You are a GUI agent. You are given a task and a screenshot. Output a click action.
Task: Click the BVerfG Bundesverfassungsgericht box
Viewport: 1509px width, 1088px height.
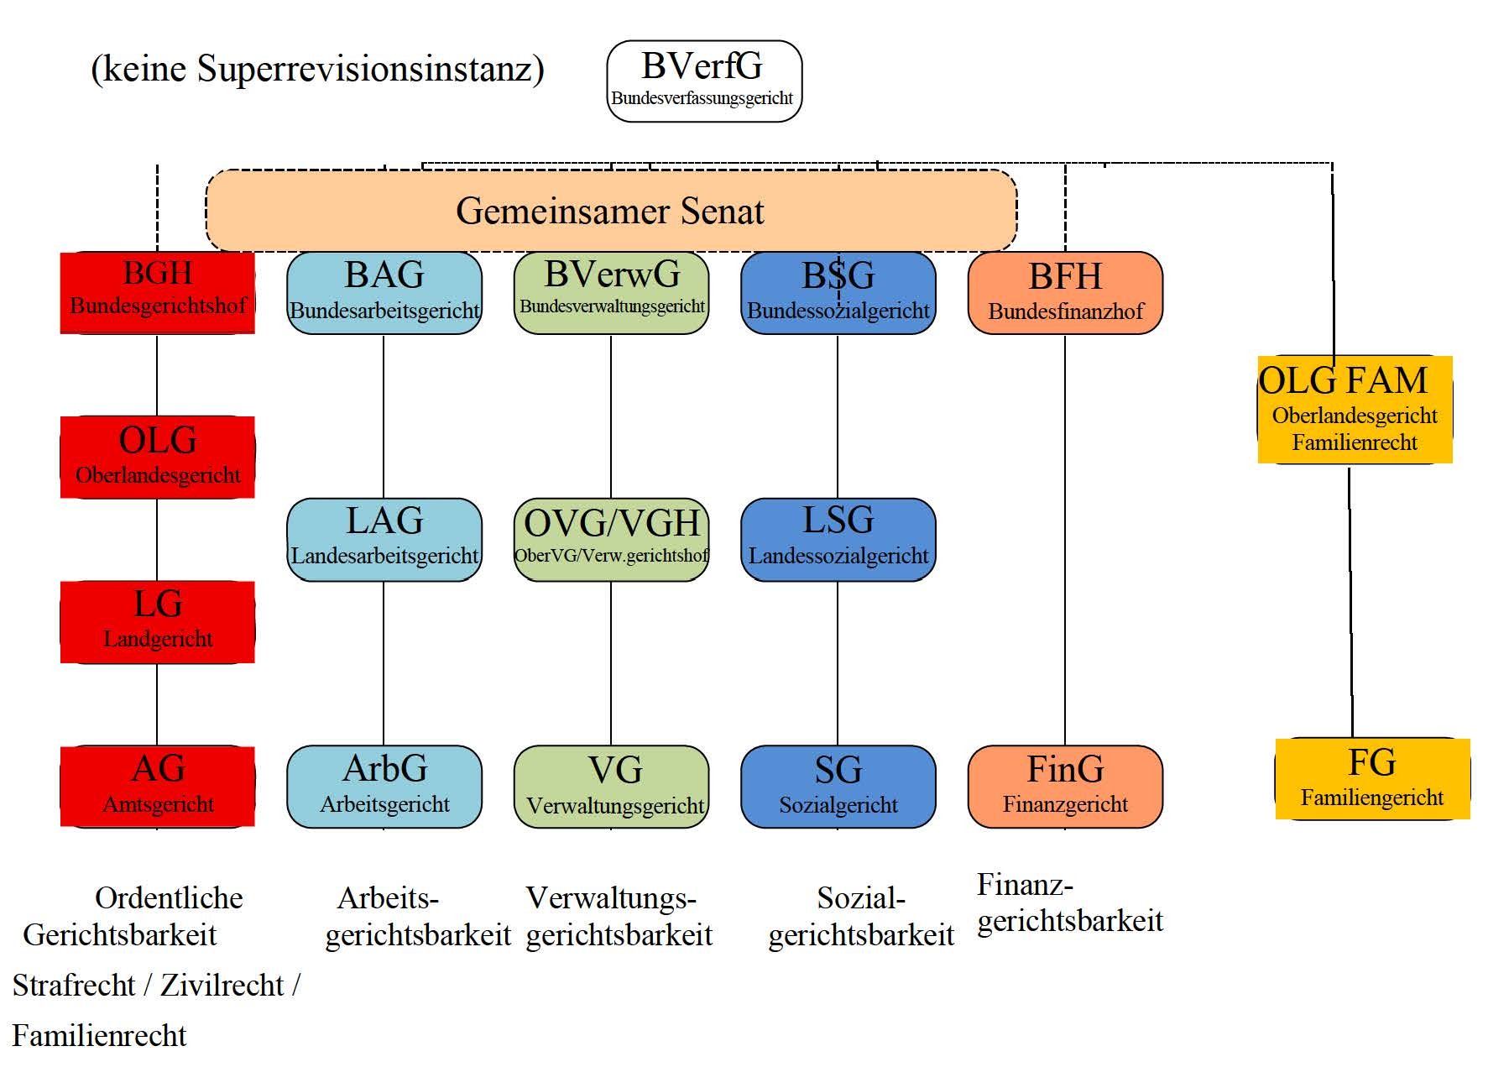point(703,81)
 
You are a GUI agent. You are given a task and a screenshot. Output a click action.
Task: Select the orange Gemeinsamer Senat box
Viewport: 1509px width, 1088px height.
point(611,211)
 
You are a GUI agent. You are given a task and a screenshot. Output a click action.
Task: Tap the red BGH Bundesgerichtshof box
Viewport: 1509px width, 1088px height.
point(157,292)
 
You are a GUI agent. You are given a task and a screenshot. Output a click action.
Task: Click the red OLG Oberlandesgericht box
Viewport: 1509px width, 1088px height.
point(157,457)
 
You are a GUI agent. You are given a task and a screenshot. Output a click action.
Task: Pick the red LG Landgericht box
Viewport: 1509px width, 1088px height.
point(157,621)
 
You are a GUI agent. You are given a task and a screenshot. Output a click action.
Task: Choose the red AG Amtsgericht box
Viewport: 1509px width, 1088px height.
point(157,786)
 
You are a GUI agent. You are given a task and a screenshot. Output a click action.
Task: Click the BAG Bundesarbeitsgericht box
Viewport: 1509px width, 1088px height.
point(384,292)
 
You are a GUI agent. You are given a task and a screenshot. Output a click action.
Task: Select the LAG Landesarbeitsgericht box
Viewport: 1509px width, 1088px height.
point(384,539)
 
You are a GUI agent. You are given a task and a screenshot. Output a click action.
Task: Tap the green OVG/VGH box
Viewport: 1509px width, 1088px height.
point(611,539)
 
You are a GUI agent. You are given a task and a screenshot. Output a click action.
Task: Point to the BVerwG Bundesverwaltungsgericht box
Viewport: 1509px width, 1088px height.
point(611,292)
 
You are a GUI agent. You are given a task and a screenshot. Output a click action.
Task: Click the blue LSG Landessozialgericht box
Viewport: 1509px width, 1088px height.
point(838,539)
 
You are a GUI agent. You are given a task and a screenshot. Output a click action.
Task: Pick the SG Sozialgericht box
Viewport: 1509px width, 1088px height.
point(838,786)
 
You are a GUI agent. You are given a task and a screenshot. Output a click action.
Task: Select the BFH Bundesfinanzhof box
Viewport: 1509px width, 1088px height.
point(1065,292)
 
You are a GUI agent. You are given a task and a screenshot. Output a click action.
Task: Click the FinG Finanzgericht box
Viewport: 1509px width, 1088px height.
point(1065,786)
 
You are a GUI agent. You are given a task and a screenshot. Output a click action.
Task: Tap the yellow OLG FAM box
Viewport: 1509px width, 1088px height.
point(1354,410)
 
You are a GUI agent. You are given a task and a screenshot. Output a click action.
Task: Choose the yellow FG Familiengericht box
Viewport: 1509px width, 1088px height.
point(1372,778)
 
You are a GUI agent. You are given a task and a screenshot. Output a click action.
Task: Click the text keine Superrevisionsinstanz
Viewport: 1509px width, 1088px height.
point(317,69)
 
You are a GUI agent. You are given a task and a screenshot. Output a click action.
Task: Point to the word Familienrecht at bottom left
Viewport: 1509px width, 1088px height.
point(99,1036)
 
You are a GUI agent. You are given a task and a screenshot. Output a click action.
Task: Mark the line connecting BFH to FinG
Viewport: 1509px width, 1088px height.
point(1065,537)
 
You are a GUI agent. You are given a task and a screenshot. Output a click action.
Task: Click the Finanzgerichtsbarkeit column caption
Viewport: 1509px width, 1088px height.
point(1069,903)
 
